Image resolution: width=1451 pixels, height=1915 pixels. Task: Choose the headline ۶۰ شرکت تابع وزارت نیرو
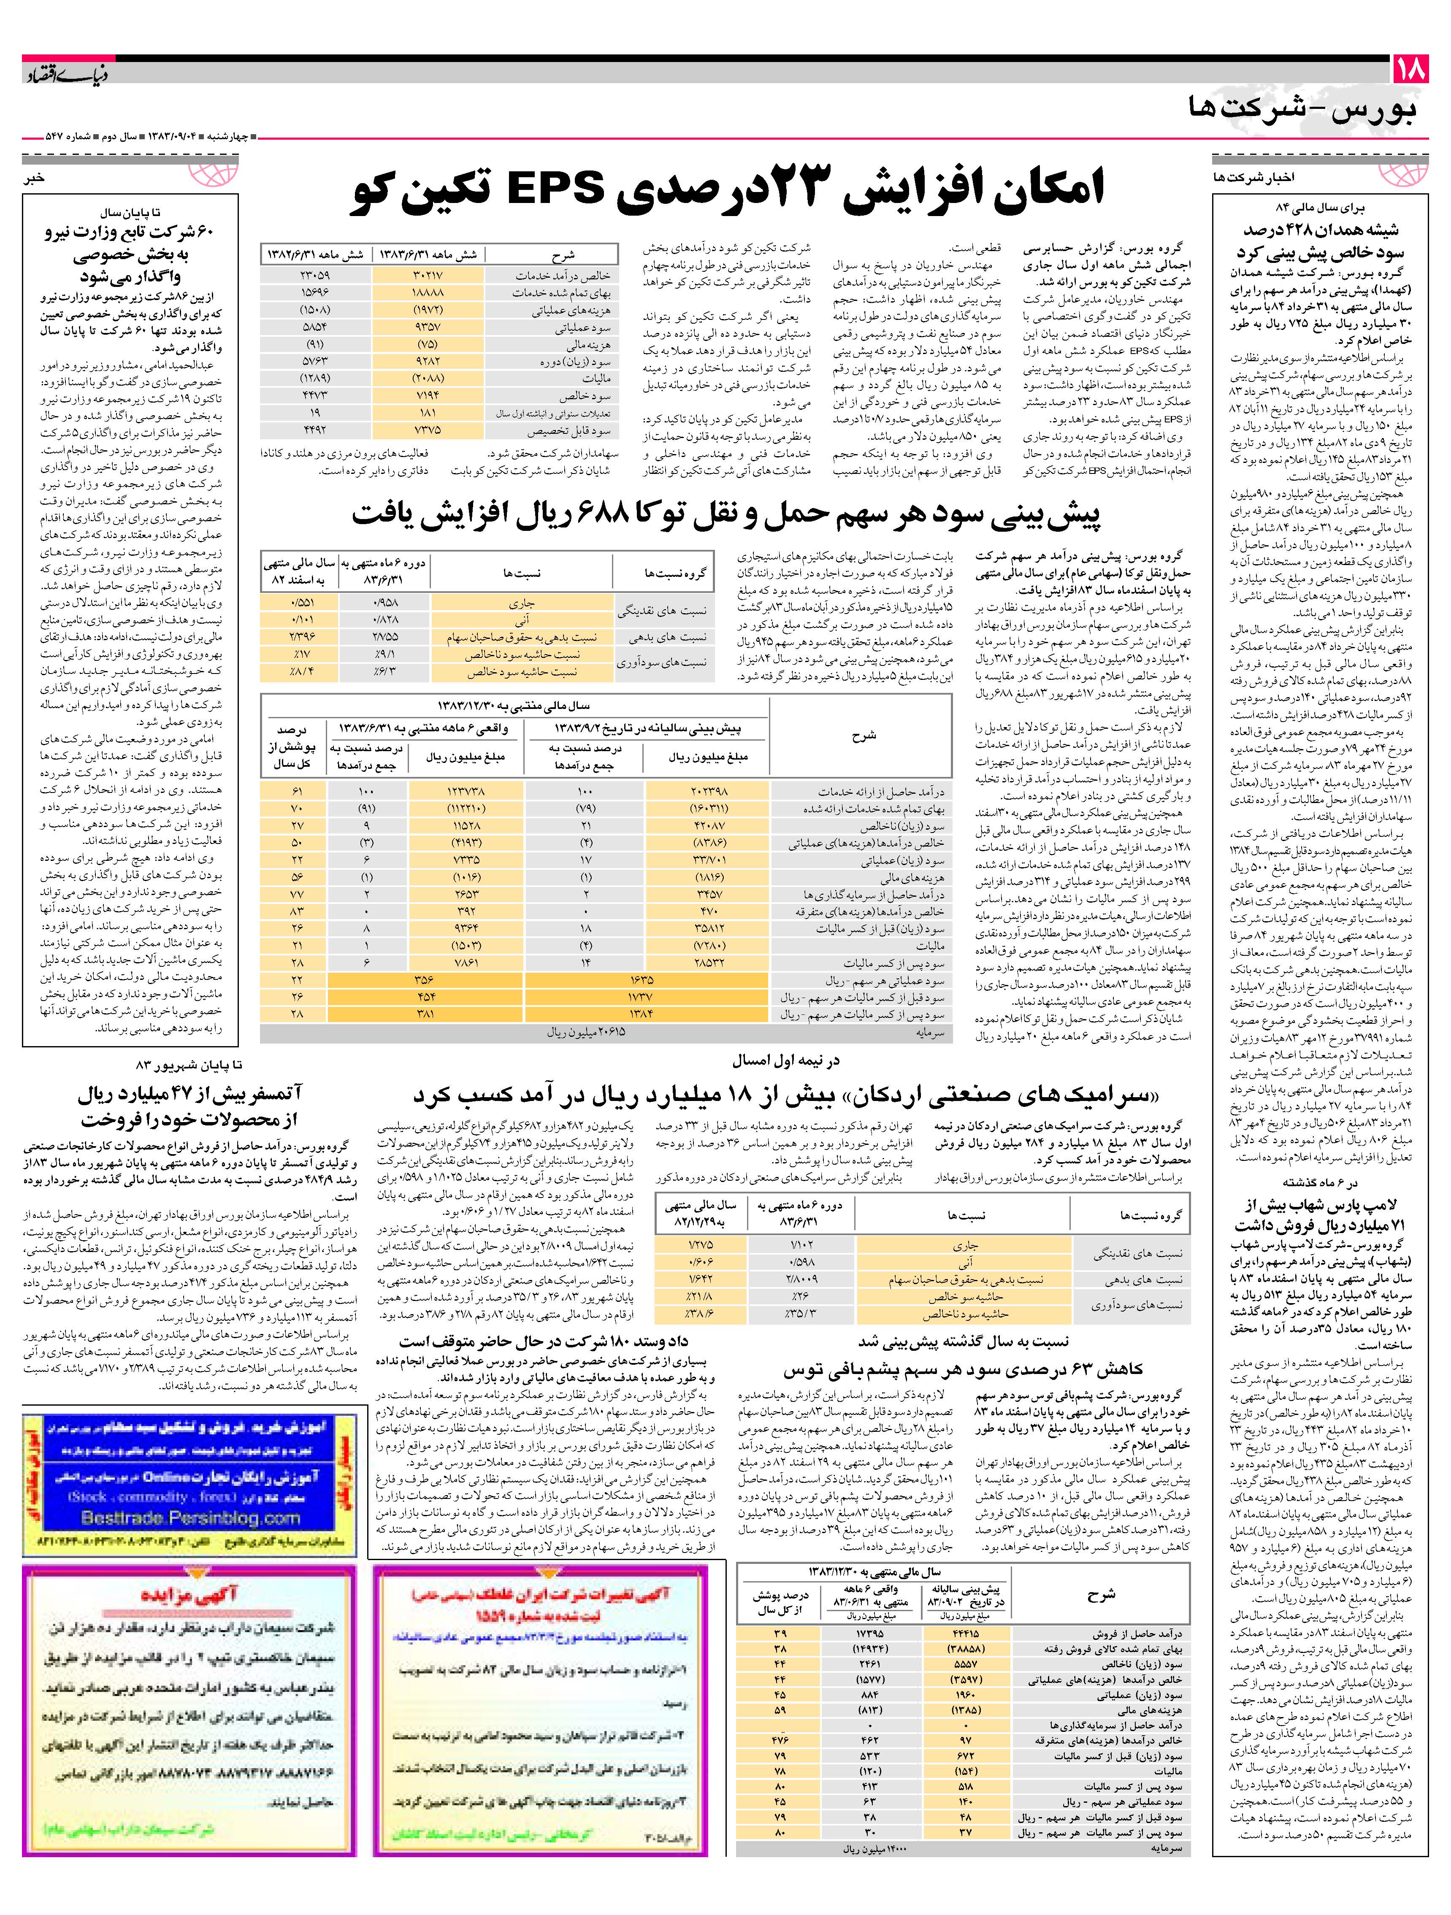point(130,254)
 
